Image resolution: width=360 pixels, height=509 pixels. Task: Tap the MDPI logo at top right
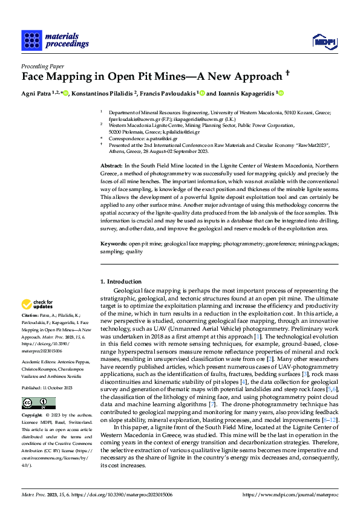point(323,41)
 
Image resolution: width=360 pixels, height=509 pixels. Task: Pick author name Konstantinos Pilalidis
point(103,94)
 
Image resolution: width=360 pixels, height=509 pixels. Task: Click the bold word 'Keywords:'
point(114,244)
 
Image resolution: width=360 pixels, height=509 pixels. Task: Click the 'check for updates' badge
point(39,304)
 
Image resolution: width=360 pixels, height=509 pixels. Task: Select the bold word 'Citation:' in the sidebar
point(31,316)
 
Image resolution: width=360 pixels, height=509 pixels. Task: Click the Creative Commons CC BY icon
point(34,403)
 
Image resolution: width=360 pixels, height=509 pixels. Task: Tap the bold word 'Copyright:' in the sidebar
point(33,417)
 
